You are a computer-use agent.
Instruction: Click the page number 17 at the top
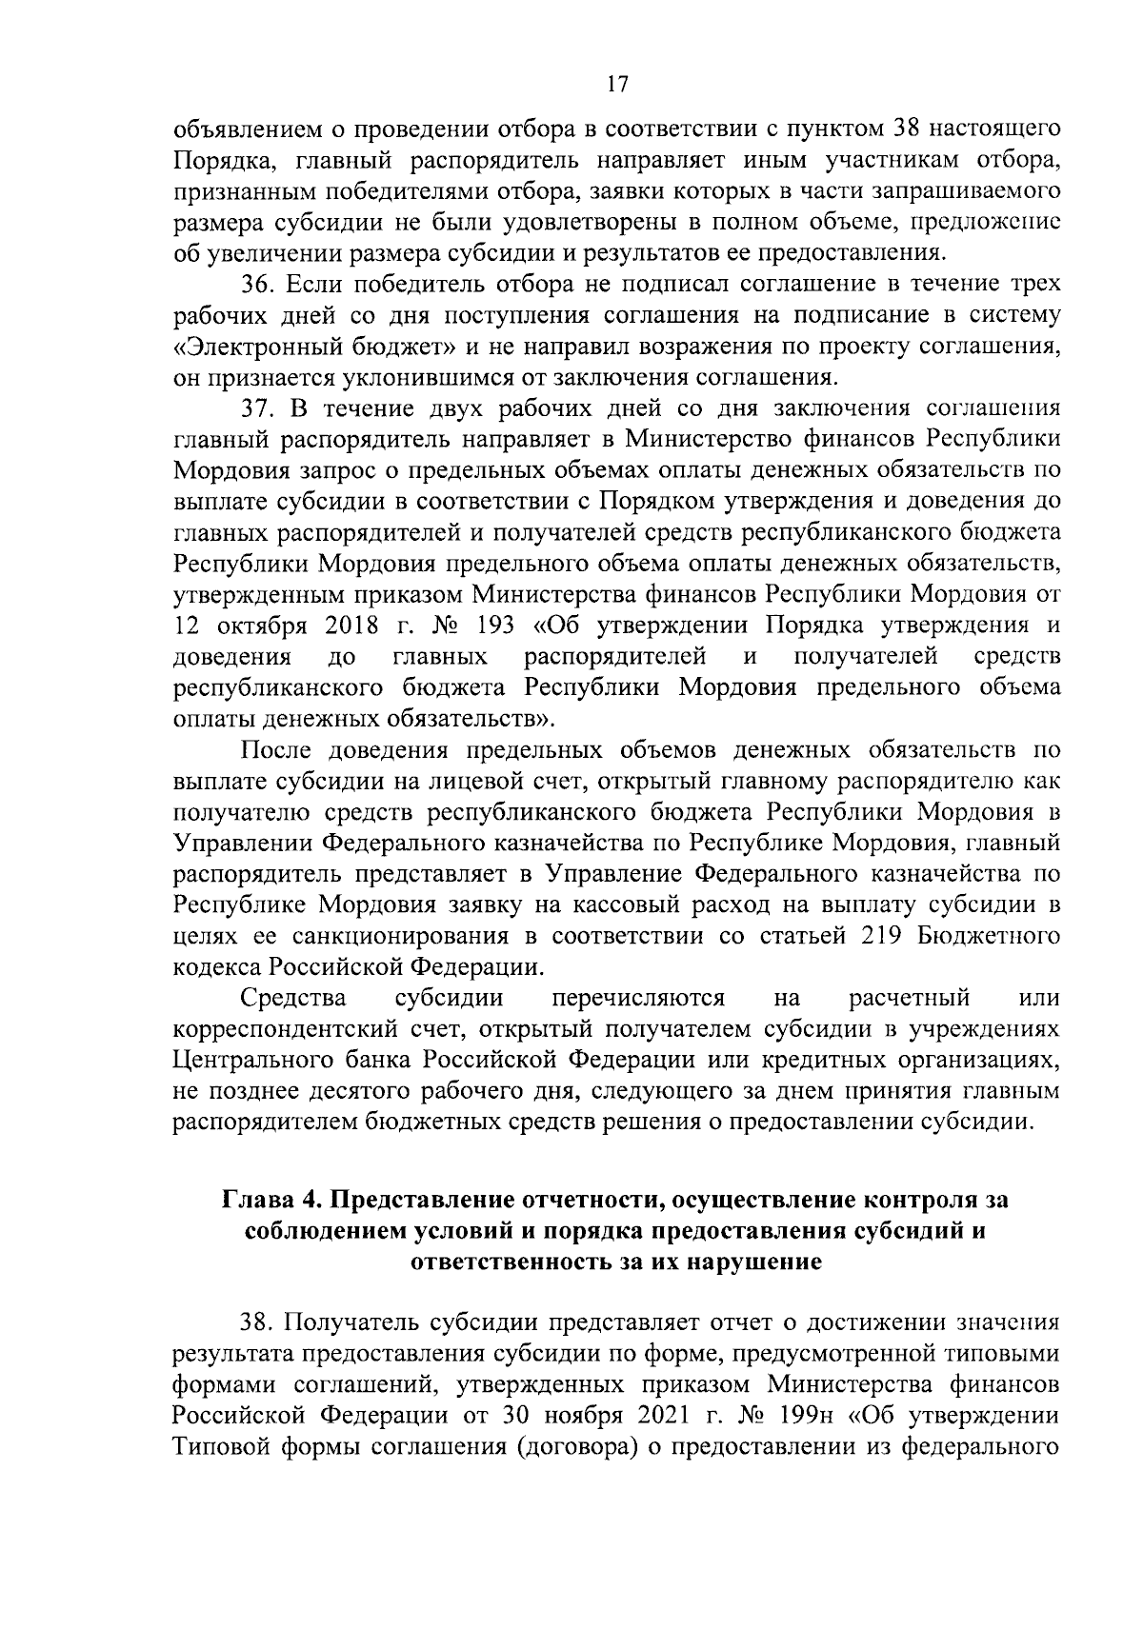tap(616, 85)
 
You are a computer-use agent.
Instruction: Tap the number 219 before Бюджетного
tap(884, 936)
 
